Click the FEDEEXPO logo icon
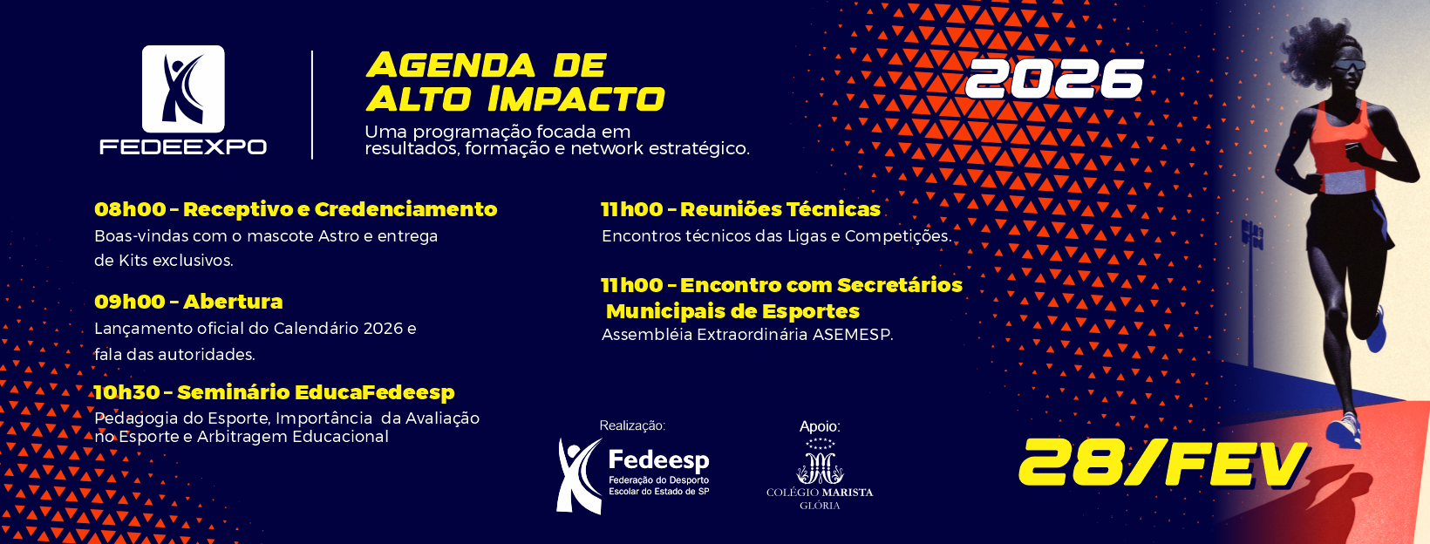pyautogui.click(x=183, y=89)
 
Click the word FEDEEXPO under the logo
pyautogui.click(x=183, y=146)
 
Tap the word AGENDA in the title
pyautogui.click(x=451, y=65)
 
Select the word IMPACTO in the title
pyautogui.click(x=576, y=99)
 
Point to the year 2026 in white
pyautogui.click(x=1054, y=79)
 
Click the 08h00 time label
pyautogui.click(x=129, y=209)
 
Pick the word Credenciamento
pyautogui.click(x=405, y=209)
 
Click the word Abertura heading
pyautogui.click(x=233, y=302)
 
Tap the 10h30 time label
pyautogui.click(x=126, y=392)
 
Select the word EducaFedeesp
pyautogui.click(x=374, y=392)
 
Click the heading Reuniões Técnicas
pyautogui.click(x=780, y=209)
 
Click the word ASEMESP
pyautogui.click(x=851, y=335)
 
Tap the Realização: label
pyautogui.click(x=631, y=425)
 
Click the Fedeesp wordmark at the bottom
pyautogui.click(x=658, y=459)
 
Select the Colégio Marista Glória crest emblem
pyautogui.click(x=820, y=462)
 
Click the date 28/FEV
pyautogui.click(x=1162, y=462)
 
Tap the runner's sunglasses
pyautogui.click(x=1350, y=65)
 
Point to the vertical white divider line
pyautogui.click(x=312, y=105)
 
